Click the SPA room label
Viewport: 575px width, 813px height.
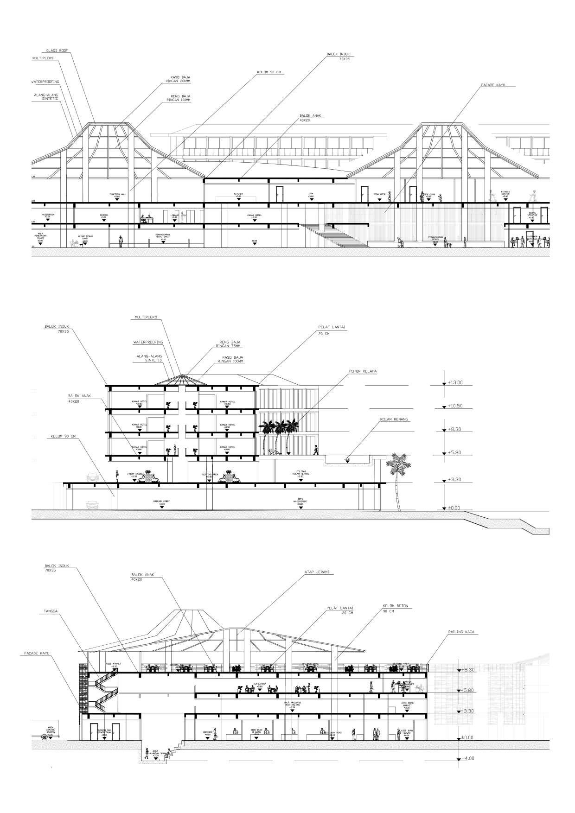311,194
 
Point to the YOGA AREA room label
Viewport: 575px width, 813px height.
379,195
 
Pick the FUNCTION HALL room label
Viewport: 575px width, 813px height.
118,195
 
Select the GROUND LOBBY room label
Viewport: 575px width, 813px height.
162,502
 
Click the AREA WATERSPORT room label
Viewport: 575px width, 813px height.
301,501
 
